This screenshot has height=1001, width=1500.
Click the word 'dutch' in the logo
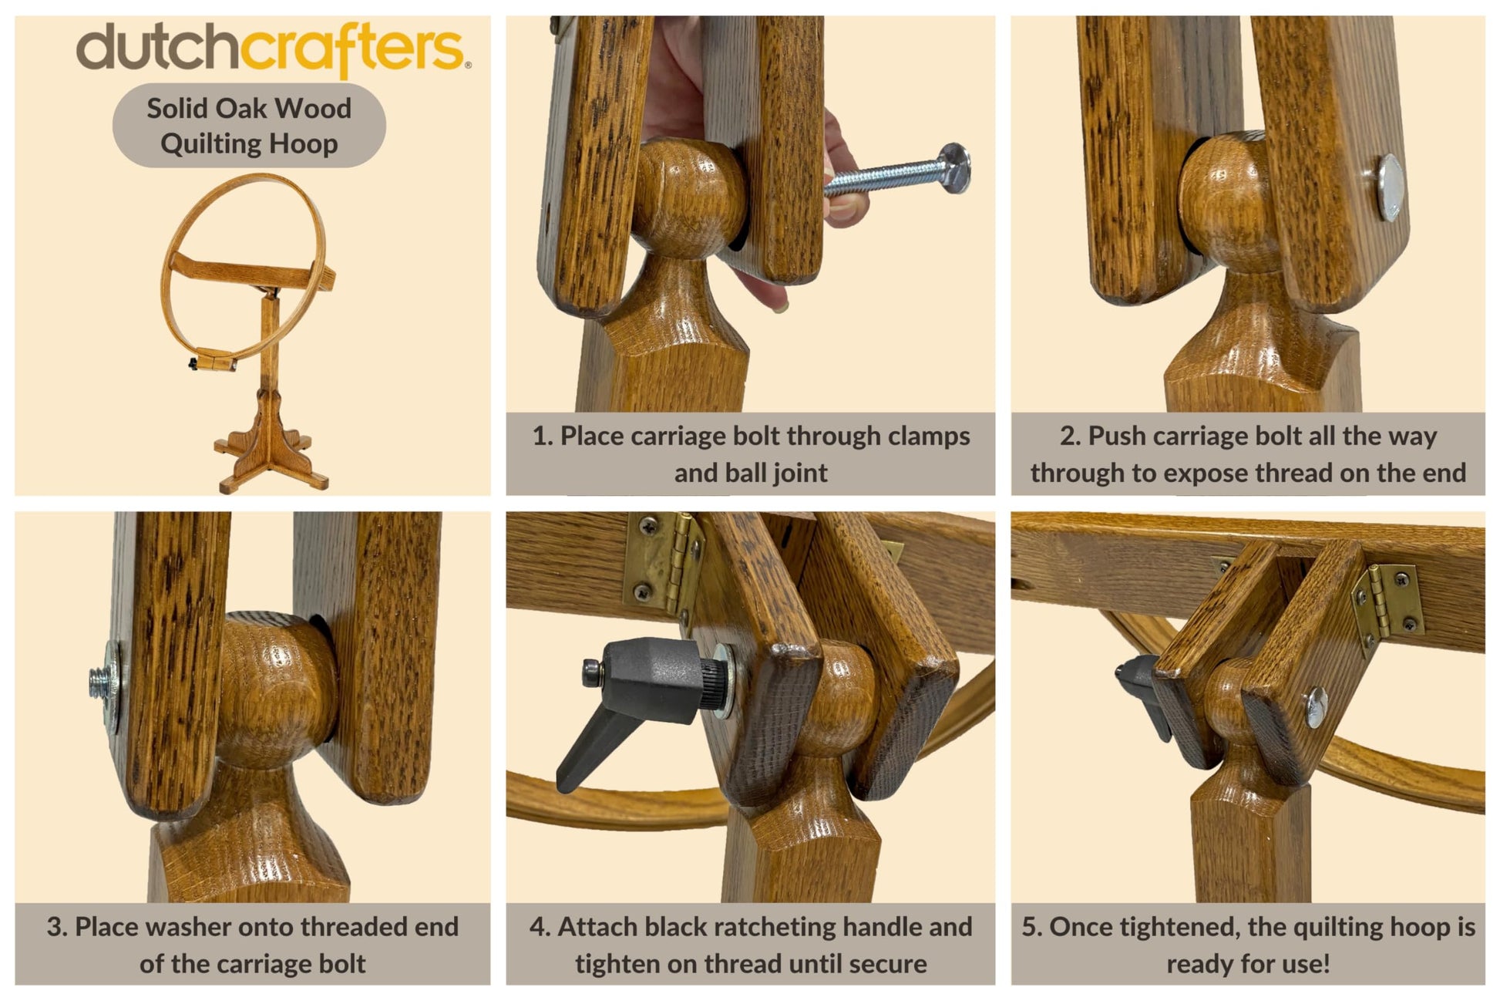tap(158, 48)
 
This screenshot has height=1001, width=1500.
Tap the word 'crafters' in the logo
tap(352, 50)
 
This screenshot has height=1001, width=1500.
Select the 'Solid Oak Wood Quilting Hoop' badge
tap(249, 126)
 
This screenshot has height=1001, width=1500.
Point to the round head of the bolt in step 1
tap(955, 167)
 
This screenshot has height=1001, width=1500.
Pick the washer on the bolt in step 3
tap(113, 686)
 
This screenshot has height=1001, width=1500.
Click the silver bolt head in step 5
tap(1316, 707)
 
